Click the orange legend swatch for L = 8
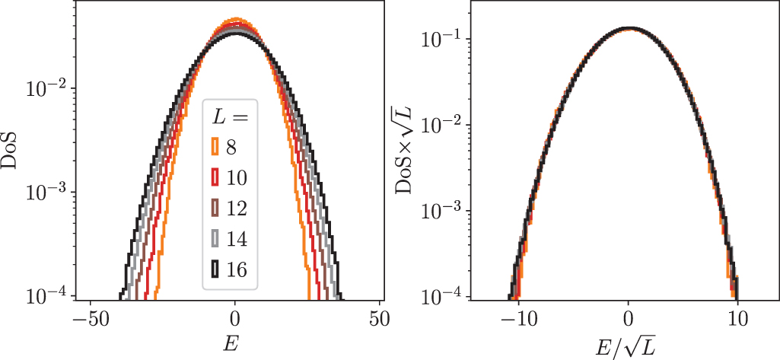pos(215,146)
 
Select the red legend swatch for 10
pos(215,177)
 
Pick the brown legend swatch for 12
pos(215,207)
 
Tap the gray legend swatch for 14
pos(215,237)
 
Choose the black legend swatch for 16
pos(215,268)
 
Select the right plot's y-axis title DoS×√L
pos(409,149)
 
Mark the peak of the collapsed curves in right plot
pos(629,29)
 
